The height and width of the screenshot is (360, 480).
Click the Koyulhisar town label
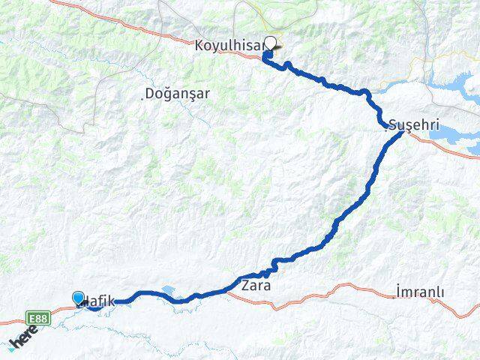coord(229,46)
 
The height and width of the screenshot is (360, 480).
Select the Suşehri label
coord(414,124)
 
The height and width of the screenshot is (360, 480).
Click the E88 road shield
coord(40,317)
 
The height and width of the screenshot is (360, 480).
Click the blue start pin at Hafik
coord(79,298)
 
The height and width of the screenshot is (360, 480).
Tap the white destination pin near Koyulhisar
coord(271,44)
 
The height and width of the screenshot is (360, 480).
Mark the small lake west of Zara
coord(166,289)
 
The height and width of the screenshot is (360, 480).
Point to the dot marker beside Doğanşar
coord(144,94)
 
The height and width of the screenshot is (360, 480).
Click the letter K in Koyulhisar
coord(199,46)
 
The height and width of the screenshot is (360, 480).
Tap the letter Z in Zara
coord(245,286)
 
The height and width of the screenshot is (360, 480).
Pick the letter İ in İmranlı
coord(397,292)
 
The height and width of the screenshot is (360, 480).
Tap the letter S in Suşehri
coord(394,124)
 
